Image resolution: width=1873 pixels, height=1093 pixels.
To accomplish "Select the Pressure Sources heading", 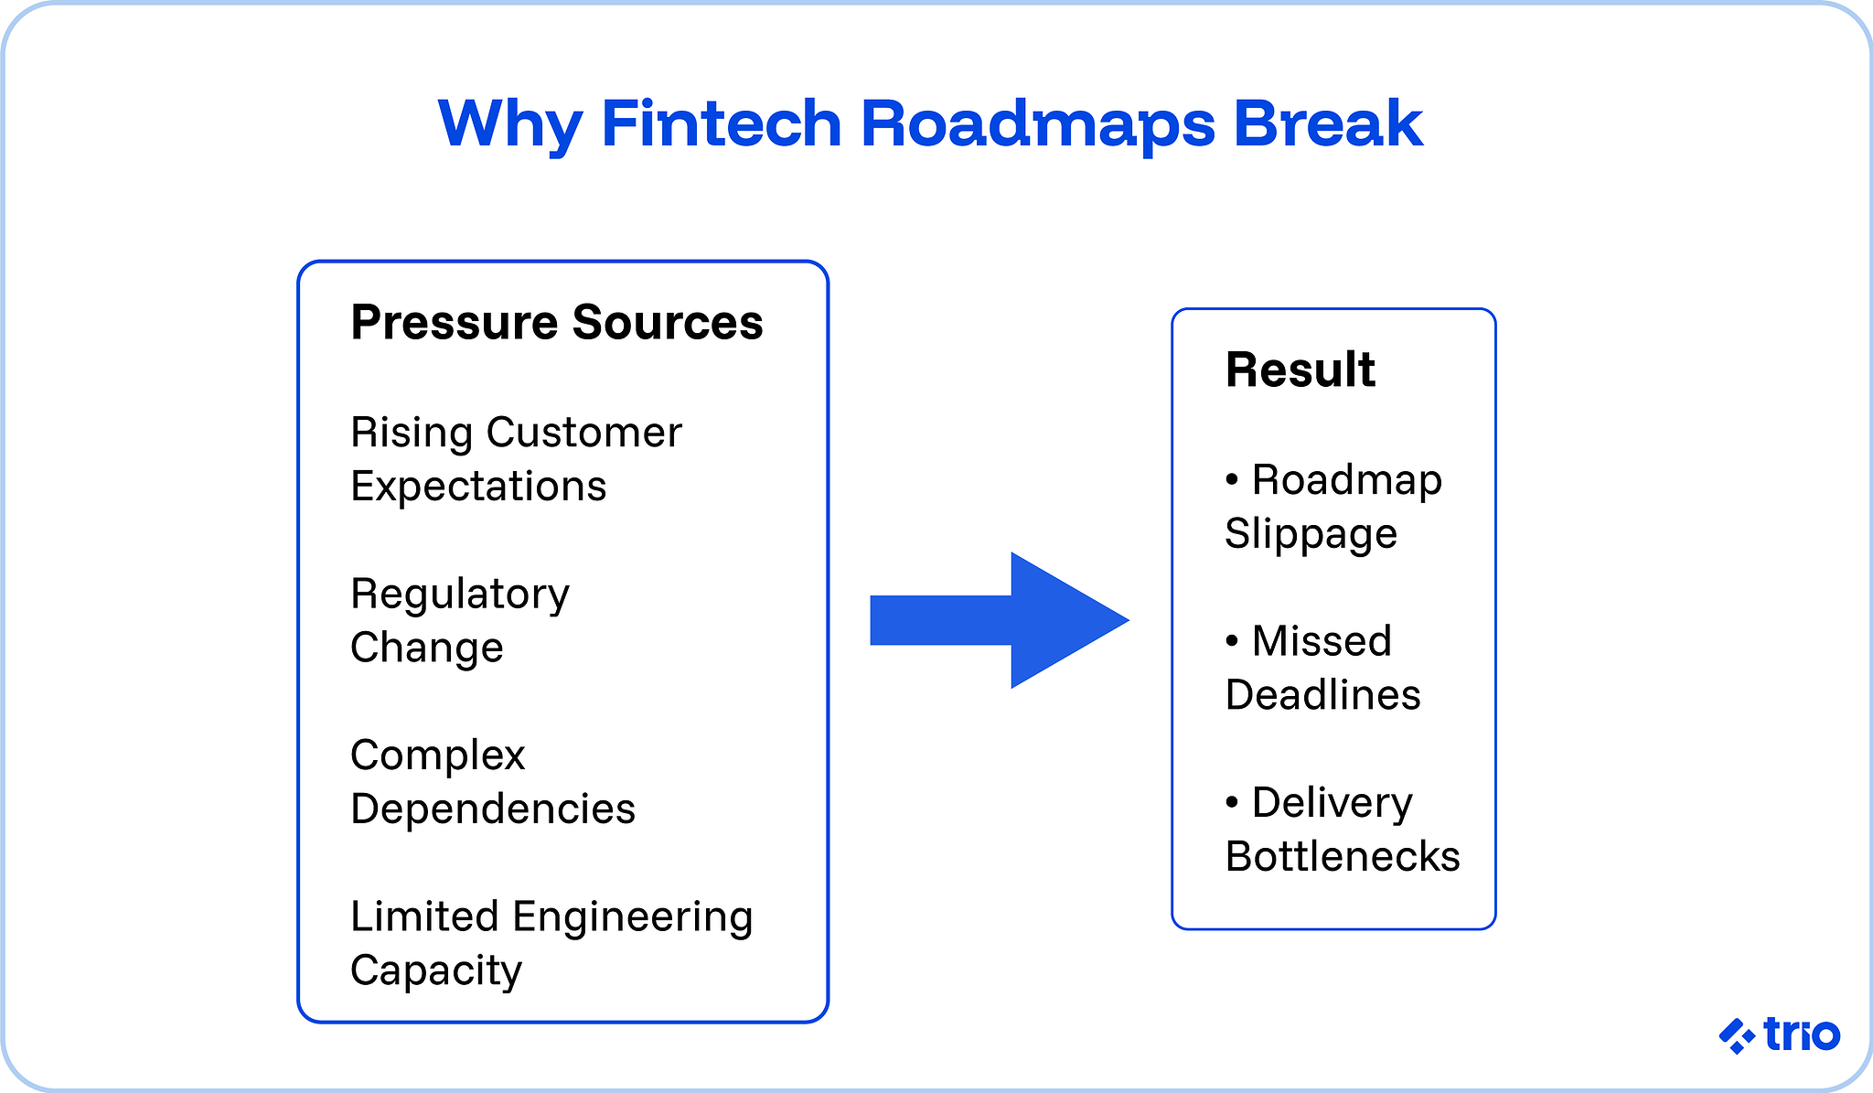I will tap(556, 322).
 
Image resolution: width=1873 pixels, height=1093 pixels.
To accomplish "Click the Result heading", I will tap(1300, 370).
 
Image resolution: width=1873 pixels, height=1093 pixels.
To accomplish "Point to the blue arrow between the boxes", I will tap(999, 620).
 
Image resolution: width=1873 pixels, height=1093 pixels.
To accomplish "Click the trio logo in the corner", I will tap(1779, 1035).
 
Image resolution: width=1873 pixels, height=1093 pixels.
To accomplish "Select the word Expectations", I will tap(478, 486).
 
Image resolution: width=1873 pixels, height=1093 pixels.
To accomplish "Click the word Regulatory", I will tap(460, 595).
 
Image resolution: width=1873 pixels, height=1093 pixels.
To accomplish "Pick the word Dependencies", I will tap(492, 809).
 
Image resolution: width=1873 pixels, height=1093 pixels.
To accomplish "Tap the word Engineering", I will tap(632, 916).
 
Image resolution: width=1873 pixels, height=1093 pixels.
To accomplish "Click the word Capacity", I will tap(435, 970).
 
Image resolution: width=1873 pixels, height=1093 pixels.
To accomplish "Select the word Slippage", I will tap(1311, 534).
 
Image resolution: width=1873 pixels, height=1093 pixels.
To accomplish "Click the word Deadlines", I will tap(1322, 695).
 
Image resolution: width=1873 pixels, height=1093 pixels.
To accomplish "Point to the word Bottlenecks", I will tap(1342, 857).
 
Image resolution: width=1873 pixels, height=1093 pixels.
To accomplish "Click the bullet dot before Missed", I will tap(1232, 640).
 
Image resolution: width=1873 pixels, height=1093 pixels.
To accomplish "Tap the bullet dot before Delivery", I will tap(1232, 802).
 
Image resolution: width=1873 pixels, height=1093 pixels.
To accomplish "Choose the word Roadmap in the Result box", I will tap(1346, 480).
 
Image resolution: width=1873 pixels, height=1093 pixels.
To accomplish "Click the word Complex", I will tap(437, 755).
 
